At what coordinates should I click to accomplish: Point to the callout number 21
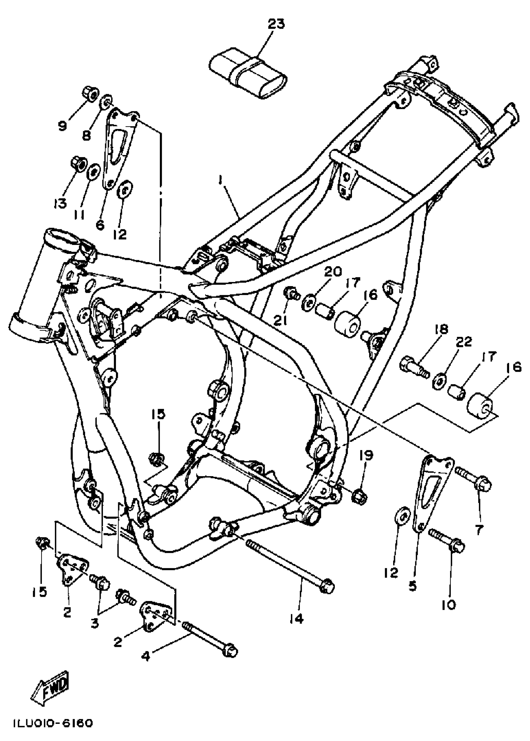point(280,321)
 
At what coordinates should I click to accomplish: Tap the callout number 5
point(412,586)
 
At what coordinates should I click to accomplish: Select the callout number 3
point(94,623)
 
